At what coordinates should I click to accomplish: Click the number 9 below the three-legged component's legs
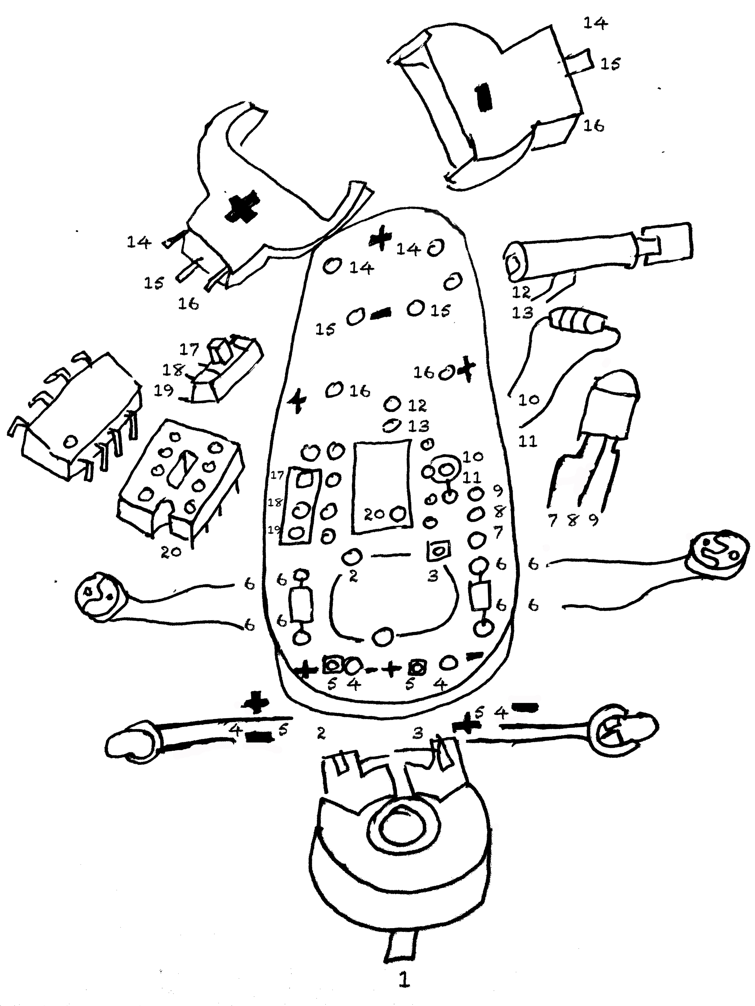[593, 520]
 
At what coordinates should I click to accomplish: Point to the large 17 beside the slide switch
[189, 349]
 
